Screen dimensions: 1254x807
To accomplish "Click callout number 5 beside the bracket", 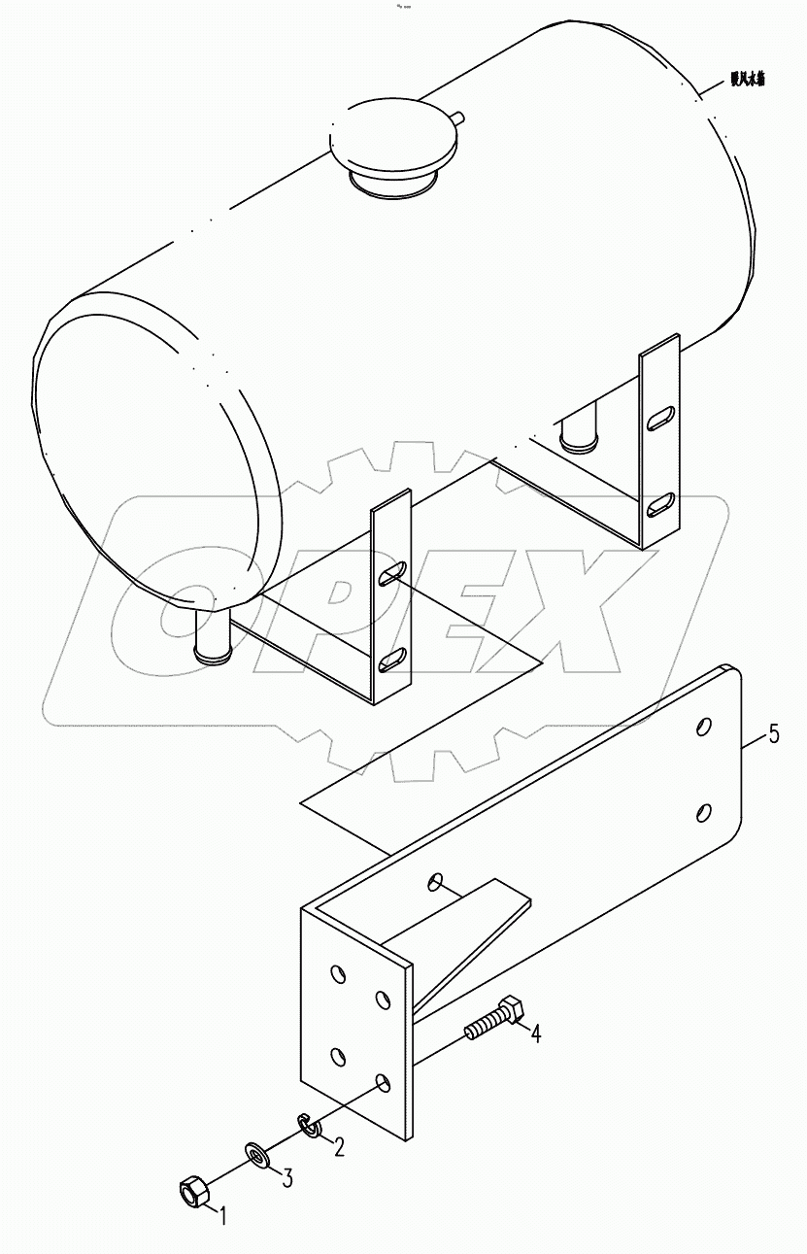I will point(773,734).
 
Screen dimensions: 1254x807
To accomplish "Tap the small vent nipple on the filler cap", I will point(458,119).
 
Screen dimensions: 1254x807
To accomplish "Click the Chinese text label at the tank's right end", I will point(748,82).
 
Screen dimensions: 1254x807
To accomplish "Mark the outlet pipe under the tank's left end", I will point(214,636).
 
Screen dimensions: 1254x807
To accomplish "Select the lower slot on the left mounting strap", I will point(393,660).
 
